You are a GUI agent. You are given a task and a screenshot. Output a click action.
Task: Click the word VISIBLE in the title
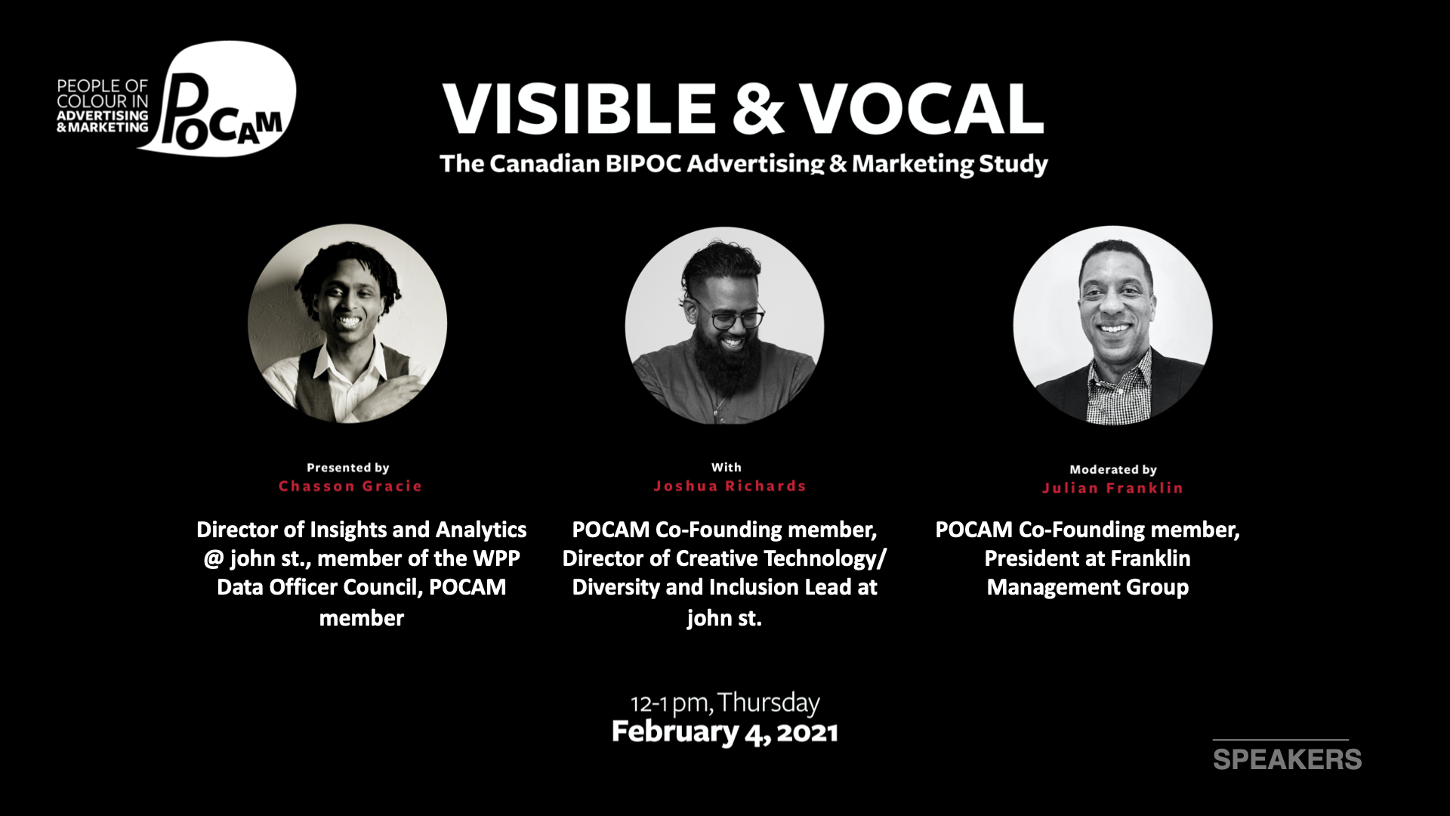click(x=579, y=108)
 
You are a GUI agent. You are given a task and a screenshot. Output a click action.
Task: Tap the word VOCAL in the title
click(x=922, y=108)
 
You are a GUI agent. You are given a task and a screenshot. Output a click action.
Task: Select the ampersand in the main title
click(x=757, y=108)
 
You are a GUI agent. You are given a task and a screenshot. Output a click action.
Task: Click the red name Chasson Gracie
click(x=350, y=486)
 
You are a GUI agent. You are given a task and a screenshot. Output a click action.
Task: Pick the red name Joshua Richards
click(x=730, y=486)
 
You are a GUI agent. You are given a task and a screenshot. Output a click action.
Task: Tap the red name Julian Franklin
click(x=1112, y=488)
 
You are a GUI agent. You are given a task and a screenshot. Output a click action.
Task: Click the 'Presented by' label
click(x=348, y=468)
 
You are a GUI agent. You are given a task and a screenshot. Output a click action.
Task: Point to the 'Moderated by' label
click(x=1113, y=470)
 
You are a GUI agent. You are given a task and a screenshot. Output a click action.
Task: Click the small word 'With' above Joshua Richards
click(x=727, y=468)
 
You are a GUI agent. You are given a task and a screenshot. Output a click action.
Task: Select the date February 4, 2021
click(x=725, y=732)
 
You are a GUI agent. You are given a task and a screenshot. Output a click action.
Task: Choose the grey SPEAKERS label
click(x=1287, y=759)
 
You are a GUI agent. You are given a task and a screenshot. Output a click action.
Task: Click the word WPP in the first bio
click(x=497, y=558)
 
